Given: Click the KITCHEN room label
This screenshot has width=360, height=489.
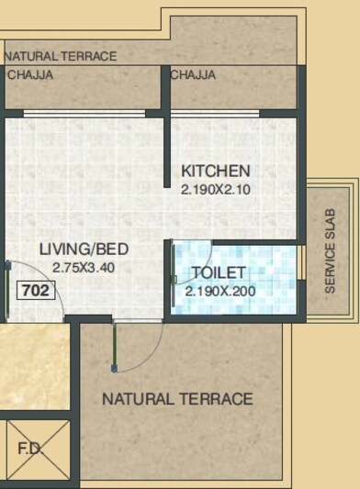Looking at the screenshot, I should click(215, 171).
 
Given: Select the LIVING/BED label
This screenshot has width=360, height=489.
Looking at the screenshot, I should click(83, 250).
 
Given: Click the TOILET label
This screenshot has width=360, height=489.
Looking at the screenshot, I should click(218, 273).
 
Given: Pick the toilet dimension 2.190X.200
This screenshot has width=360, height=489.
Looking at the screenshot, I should click(220, 292).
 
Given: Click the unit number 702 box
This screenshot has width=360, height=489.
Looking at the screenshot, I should click(36, 293).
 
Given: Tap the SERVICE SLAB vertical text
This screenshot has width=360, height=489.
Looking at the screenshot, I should click(331, 250).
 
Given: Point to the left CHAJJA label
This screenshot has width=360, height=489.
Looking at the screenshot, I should click(29, 75).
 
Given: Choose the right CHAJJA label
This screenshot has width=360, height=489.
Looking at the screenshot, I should click(193, 75).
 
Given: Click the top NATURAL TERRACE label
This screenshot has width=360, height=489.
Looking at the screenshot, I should click(61, 56).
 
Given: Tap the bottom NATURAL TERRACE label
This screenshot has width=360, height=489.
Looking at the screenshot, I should click(177, 399).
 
